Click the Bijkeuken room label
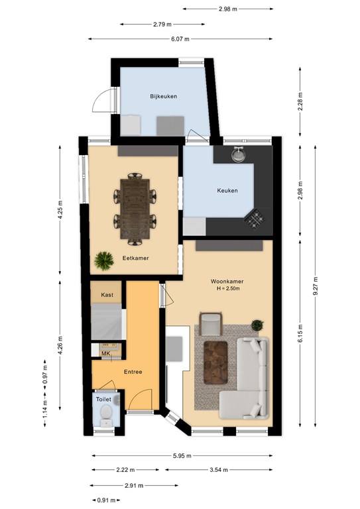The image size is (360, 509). coord(163,96)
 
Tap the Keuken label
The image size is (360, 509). coord(227,191)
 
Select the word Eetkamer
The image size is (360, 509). coord(135,258)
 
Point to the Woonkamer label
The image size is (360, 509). coord(227,282)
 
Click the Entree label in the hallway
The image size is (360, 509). coord(133,372)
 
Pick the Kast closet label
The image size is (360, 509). coord(107,295)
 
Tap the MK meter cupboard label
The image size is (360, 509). coord(105,353)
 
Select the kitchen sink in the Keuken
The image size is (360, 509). coord(239,154)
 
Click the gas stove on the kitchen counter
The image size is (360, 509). coord(255,219)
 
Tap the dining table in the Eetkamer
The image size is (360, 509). coord(135,209)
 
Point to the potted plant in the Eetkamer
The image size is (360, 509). coord(104,260)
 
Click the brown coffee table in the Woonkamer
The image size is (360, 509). coord(215,363)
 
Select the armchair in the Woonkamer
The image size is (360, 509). coord(211,323)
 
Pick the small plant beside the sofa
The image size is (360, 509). coord(257,325)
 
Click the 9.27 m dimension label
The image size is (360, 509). coord(315,286)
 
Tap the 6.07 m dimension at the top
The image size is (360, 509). coord(180,39)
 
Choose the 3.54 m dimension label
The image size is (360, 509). coord(219,469)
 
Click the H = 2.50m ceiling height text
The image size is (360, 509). coord(228,288)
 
